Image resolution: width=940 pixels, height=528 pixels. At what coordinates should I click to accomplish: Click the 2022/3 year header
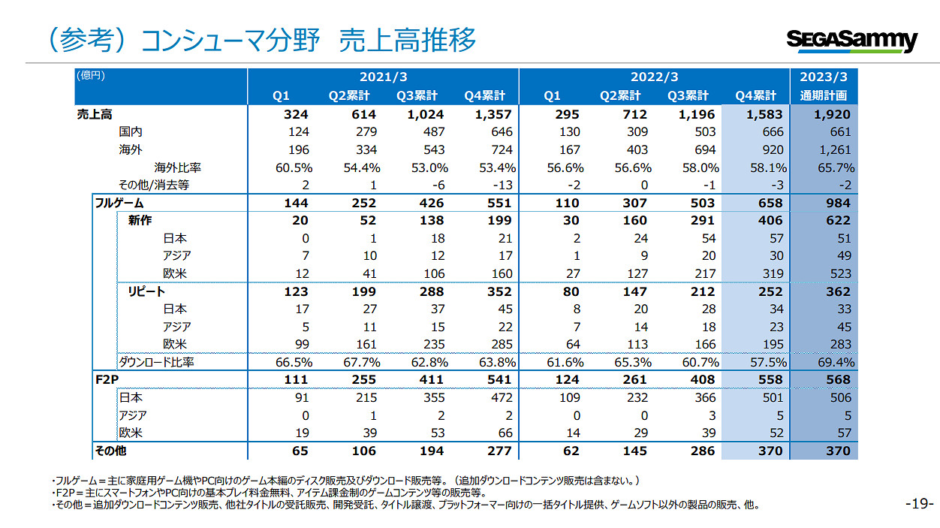coord(654,77)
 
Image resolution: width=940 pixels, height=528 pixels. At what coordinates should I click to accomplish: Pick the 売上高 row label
coord(95,114)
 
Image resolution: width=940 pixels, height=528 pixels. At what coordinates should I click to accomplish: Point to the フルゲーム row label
coord(119,203)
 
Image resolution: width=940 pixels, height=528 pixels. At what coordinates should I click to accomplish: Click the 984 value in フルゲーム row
coord(837,203)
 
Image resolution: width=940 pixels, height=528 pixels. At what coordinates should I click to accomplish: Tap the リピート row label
coord(146,291)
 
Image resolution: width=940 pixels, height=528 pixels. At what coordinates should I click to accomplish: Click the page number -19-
coord(919,504)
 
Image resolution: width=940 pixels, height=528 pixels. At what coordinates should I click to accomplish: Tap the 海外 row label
coord(131,149)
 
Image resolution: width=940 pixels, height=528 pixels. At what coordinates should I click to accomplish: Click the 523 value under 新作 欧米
coord(839,273)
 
